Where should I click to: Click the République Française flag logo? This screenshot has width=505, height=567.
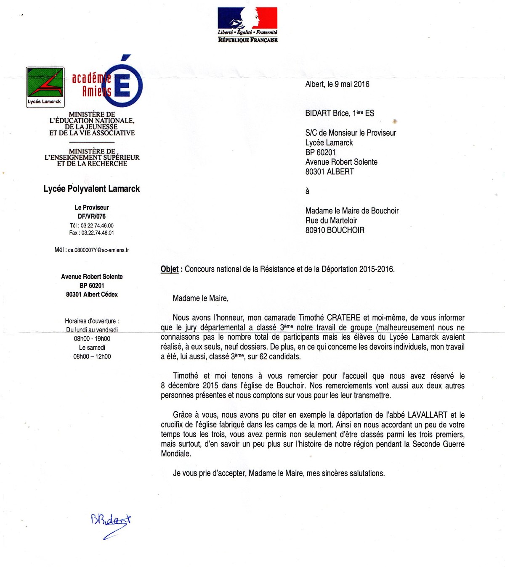247,24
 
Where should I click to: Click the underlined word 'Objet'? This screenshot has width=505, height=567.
170,269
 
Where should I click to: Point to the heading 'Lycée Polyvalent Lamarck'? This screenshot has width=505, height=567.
92,189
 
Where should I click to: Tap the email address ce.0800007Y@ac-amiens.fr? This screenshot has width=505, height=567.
98,250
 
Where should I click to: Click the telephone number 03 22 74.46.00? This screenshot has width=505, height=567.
97,226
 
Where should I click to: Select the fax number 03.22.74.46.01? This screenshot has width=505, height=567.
98,233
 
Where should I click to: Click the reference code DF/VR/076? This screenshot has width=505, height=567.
92,216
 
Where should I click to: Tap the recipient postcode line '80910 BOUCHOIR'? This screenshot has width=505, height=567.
335,230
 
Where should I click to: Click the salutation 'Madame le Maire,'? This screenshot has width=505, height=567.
201,298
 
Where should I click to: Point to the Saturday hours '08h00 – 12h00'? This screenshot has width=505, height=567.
92,356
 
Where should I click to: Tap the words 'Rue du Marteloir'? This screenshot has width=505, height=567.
331,221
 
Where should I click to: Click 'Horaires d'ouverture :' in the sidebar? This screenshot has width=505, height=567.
92,321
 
